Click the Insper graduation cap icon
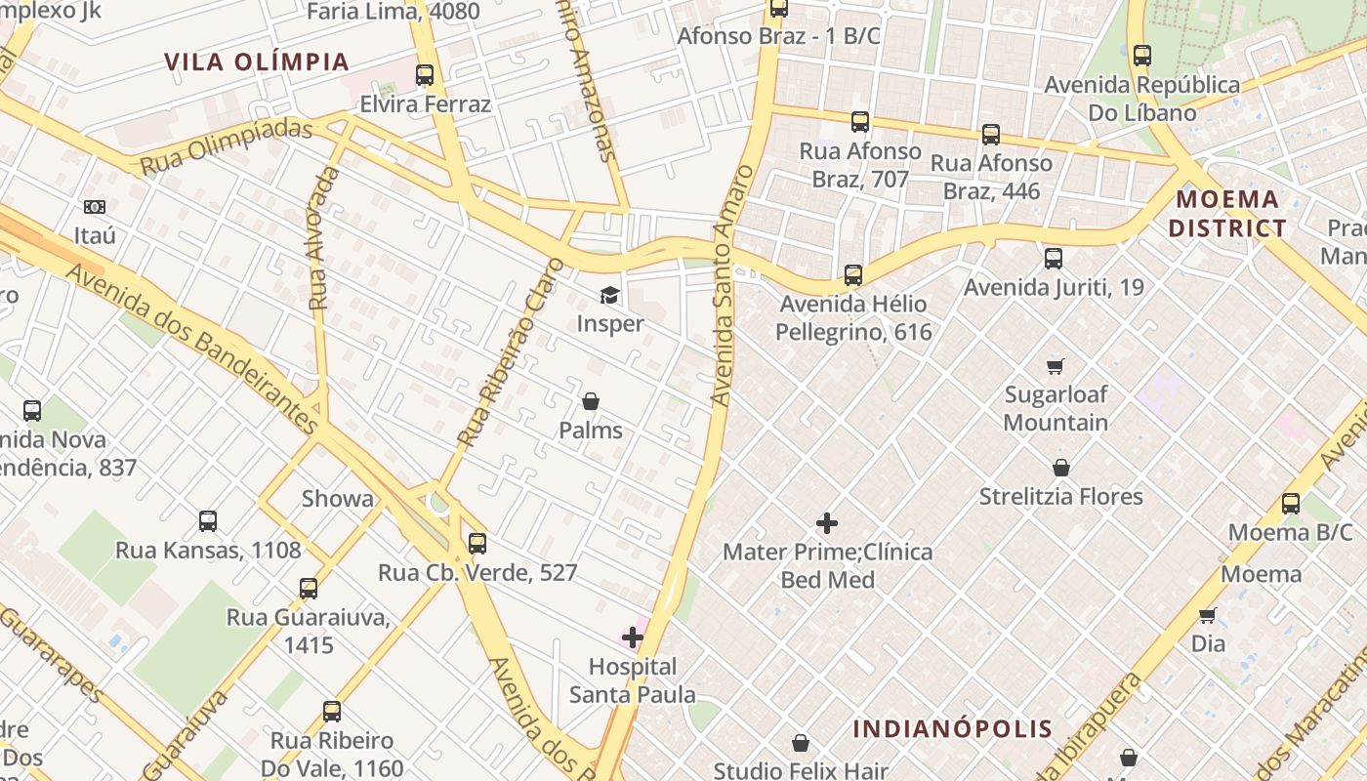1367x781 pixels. click(x=609, y=295)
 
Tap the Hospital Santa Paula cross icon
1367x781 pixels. click(x=633, y=638)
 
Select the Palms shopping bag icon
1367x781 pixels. click(x=591, y=401)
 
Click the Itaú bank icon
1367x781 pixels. click(x=95, y=207)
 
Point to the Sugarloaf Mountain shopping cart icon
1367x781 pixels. click(x=1055, y=367)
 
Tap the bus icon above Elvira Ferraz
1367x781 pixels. click(x=425, y=75)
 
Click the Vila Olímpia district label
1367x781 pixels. click(x=257, y=62)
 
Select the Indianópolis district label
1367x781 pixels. click(x=953, y=728)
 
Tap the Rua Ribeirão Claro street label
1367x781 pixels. click(x=512, y=352)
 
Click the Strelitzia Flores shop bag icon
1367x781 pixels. click(x=1061, y=469)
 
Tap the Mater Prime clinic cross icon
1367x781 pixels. click(x=827, y=523)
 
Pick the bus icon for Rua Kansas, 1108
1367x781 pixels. click(x=208, y=521)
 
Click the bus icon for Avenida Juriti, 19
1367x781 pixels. click(x=1053, y=259)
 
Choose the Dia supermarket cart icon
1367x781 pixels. click(x=1208, y=615)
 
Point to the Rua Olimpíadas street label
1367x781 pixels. click(x=227, y=146)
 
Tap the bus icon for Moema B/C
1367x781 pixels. click(x=1291, y=504)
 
